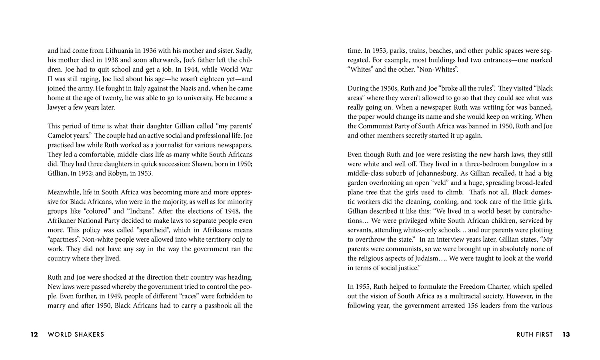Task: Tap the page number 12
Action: pyautogui.click(x=34, y=334)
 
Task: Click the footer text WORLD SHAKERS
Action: pyautogui.click(x=76, y=334)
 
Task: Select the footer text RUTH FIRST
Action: pyautogui.click(x=534, y=334)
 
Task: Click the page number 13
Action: pyautogui.click(x=566, y=334)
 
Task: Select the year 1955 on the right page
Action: pyautogui.click(x=362, y=287)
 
